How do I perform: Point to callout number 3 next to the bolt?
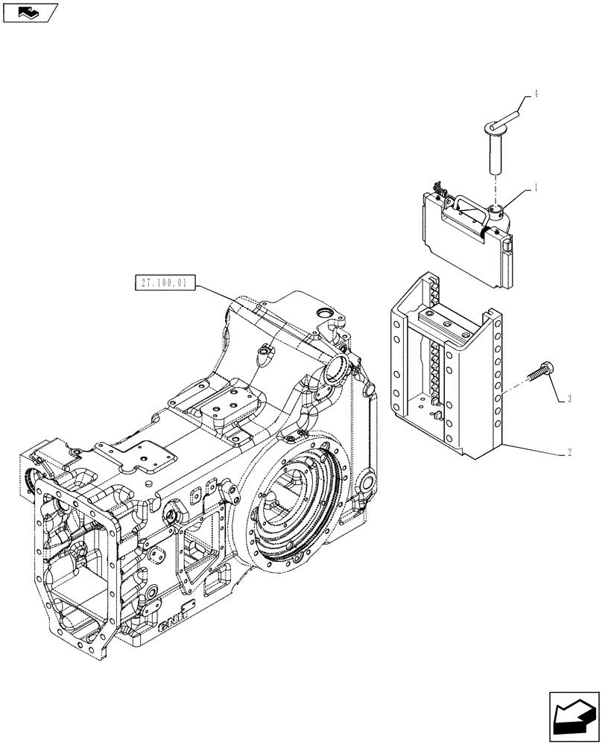(x=569, y=400)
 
